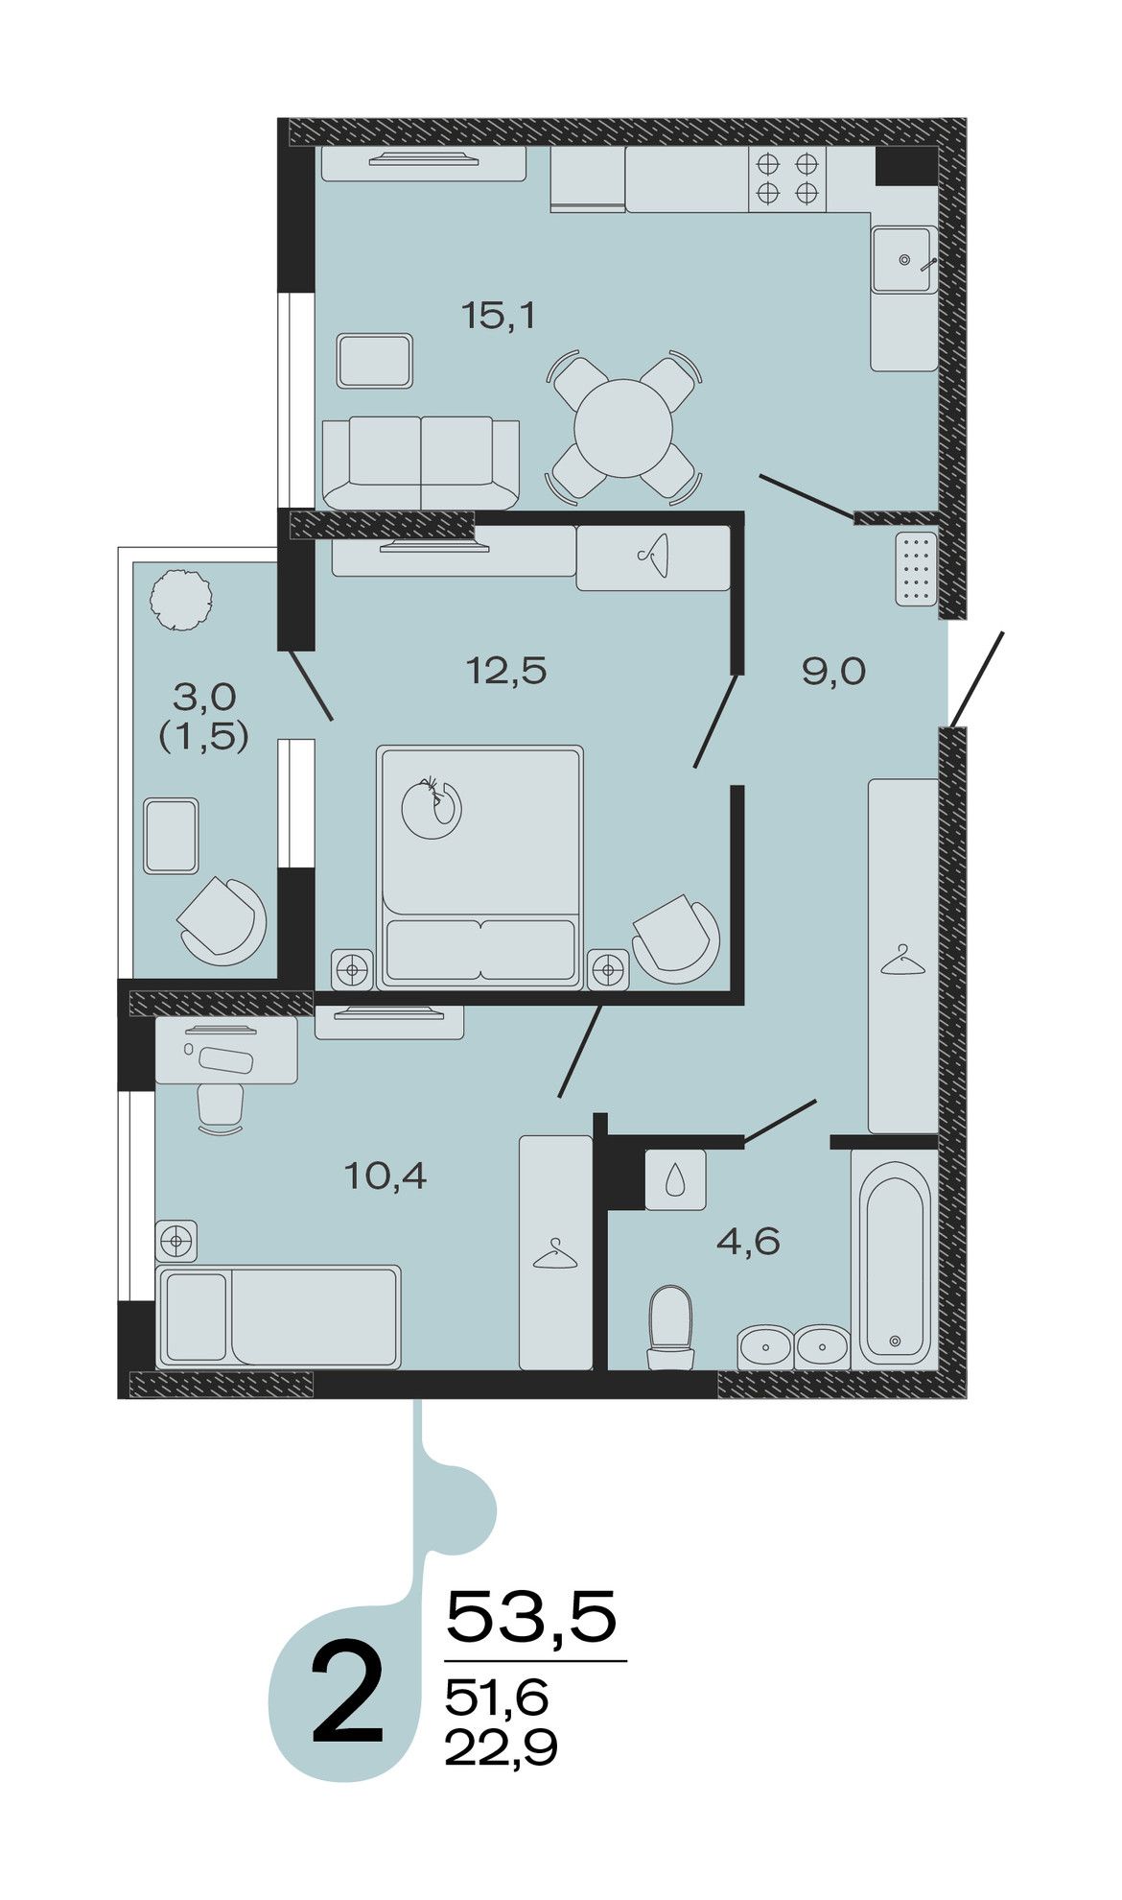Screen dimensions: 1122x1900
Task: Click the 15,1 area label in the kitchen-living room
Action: tap(498, 316)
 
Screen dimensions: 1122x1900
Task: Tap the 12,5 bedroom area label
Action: tap(506, 670)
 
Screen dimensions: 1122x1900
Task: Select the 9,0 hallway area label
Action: tap(833, 672)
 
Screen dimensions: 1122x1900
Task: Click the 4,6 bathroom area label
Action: tap(748, 1242)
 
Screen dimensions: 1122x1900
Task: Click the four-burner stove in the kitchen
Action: tap(786, 178)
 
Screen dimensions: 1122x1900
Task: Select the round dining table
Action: tap(623, 428)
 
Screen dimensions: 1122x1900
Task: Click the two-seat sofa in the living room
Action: tap(421, 463)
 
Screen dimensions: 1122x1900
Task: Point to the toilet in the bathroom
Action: tap(670, 1327)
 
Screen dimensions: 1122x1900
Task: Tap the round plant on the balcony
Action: tap(179, 600)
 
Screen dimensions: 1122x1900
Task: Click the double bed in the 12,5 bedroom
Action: tap(479, 867)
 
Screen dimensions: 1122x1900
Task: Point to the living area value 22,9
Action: tap(501, 1747)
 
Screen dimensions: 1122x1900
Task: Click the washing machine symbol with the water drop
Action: tap(676, 1179)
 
